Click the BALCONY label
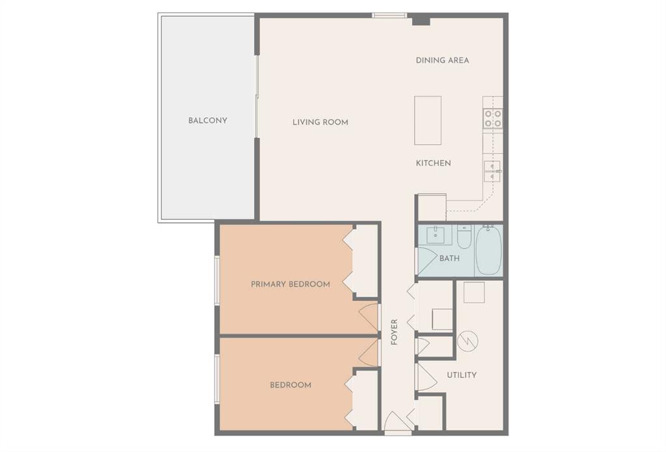tap(208, 120)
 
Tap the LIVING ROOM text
tap(320, 122)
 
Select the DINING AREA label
tap(442, 60)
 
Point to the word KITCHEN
tap(433, 163)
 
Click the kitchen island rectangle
tap(428, 120)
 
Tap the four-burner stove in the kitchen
tap(492, 118)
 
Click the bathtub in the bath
tap(488, 250)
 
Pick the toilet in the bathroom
tap(464, 238)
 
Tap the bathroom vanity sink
tap(435, 235)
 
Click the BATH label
tap(449, 258)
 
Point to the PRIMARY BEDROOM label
tap(290, 284)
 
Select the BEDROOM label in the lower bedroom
tap(290, 384)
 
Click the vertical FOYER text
tap(395, 332)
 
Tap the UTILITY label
tap(462, 375)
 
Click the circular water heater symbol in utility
tap(468, 340)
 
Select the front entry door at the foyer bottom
tap(397, 423)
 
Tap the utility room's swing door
tap(424, 377)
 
